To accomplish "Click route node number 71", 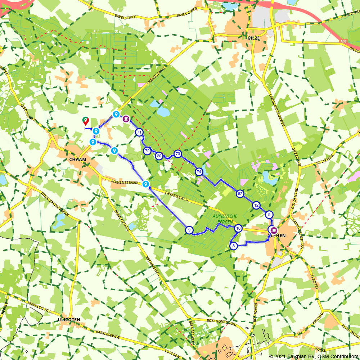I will [139, 132].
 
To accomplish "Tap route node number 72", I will [147, 151].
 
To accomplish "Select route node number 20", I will [159, 156].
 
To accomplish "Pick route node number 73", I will [177, 154].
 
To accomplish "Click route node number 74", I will [199, 172].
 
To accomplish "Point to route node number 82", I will [240, 194].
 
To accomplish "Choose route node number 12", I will [256, 206].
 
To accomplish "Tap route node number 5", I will [269, 215].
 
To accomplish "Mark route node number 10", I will [238, 228].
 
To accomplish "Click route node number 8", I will [233, 246].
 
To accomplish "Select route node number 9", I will [189, 230].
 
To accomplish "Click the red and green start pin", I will [86, 121].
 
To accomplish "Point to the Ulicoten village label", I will [68, 320].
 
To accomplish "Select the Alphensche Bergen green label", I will [225, 219].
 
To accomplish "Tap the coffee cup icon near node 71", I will [126, 118].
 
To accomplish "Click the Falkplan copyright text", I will [314, 356].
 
